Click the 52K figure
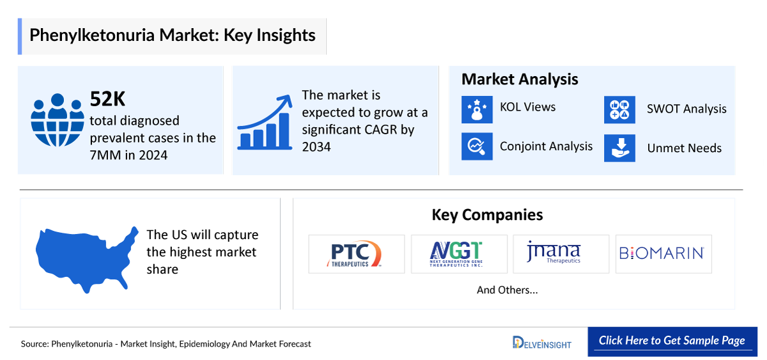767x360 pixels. tap(107, 99)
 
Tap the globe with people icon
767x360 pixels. tap(57, 120)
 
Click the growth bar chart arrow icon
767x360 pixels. tap(265, 122)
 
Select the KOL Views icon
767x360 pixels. tap(477, 109)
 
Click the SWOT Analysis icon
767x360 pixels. tap(619, 109)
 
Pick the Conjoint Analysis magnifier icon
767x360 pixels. tap(477, 146)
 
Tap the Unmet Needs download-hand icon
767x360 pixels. tap(619, 148)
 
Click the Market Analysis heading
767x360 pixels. tap(520, 79)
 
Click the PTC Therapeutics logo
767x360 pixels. tap(354, 254)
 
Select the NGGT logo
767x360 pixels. tap(456, 254)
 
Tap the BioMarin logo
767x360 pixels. tap(662, 253)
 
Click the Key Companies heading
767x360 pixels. tap(487, 215)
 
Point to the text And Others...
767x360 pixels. tap(507, 290)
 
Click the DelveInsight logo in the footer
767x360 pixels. tap(542, 343)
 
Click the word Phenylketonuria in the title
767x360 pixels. tap(92, 36)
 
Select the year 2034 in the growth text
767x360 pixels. tap(316, 147)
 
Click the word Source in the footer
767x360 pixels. tap(35, 344)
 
